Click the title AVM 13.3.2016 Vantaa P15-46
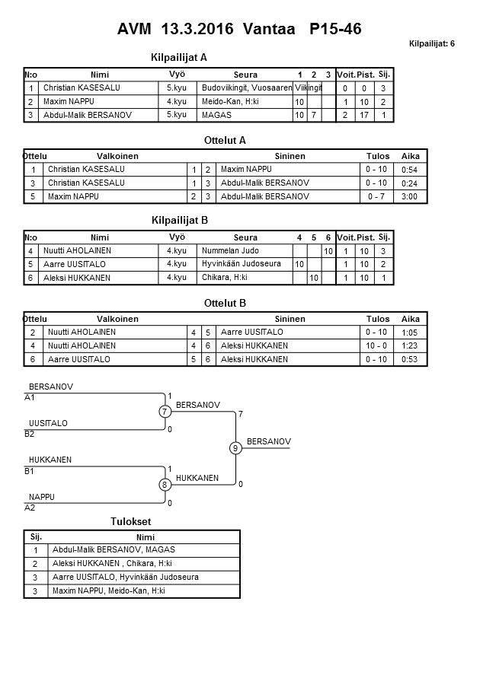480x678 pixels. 239,30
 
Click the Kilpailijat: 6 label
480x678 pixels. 431,43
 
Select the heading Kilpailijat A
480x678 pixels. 180,57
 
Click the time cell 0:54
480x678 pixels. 410,170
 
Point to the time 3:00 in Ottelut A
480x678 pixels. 410,196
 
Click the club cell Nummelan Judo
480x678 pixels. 230,250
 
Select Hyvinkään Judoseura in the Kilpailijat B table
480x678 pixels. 242,264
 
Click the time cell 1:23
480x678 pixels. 410,345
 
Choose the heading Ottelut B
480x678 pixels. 226,303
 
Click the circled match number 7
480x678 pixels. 165,412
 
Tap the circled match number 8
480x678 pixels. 165,485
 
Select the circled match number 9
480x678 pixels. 236,448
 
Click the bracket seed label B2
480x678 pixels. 30,434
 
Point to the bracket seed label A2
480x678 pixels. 30,507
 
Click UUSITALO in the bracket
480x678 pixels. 48,423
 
